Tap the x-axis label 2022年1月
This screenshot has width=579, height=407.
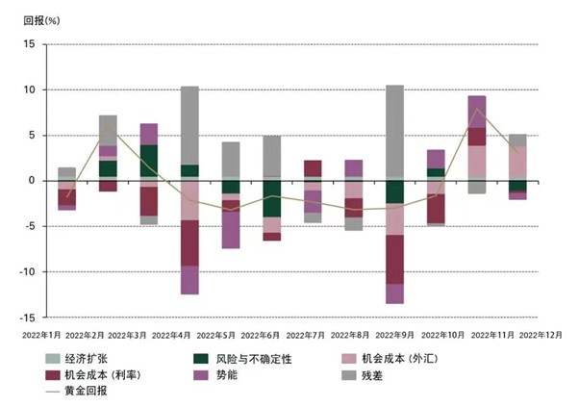coord(41,335)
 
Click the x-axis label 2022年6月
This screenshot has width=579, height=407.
coord(263,335)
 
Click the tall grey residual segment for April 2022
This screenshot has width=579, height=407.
coord(189,125)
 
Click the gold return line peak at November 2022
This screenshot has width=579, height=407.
coord(476,109)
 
